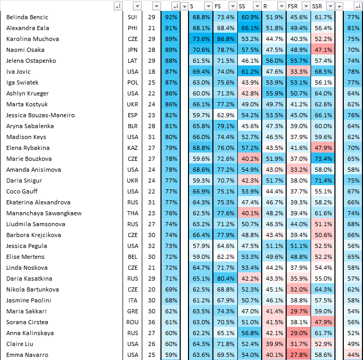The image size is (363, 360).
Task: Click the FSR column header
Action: (x=292, y=6)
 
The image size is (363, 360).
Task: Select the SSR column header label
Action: (x=317, y=6)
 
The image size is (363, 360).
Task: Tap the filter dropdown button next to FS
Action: (x=233, y=6)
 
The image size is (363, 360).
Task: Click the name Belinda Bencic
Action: (x=27, y=17)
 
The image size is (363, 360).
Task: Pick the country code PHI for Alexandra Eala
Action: (x=132, y=28)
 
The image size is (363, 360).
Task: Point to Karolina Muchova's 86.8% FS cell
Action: (x=225, y=39)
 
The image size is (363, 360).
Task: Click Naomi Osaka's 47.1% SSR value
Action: (x=323, y=50)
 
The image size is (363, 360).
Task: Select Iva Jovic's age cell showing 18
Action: (x=152, y=72)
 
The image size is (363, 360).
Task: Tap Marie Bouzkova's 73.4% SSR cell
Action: (x=323, y=159)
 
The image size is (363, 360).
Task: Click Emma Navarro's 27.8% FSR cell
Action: (x=299, y=355)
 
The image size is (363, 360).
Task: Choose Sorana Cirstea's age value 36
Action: (x=152, y=322)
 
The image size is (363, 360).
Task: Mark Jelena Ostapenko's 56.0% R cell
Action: (x=274, y=61)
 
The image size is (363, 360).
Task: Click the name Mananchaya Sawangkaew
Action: (x=44, y=213)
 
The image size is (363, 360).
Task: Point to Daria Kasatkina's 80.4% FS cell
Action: (x=225, y=279)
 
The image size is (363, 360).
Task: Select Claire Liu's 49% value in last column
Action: (x=353, y=344)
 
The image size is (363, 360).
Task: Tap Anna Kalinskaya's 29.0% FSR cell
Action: (x=299, y=333)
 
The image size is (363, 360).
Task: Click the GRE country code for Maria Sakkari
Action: (x=132, y=311)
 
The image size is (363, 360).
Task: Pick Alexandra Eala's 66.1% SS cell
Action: (x=250, y=28)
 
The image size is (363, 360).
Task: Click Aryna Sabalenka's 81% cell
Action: (x=171, y=126)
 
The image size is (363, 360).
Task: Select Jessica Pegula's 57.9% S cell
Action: (x=201, y=246)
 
